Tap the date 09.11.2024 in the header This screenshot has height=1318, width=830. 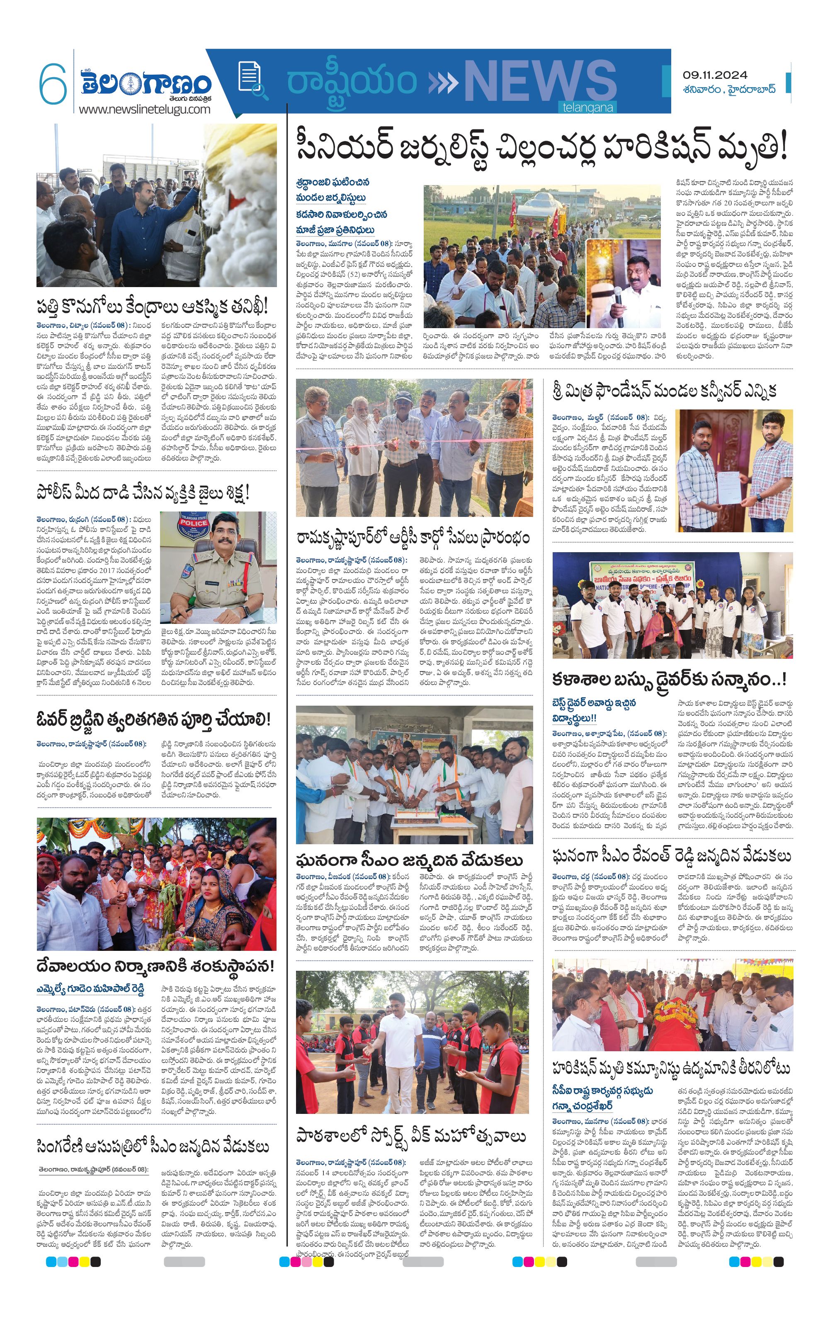click(715, 76)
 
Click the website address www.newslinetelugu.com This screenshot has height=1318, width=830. click(144, 109)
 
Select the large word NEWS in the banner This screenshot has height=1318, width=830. click(540, 83)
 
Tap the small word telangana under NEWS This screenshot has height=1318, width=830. click(587, 108)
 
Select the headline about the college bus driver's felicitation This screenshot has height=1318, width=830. click(669, 680)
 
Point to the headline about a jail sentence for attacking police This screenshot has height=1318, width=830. click(143, 492)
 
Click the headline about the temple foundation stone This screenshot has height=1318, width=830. click(155, 966)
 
